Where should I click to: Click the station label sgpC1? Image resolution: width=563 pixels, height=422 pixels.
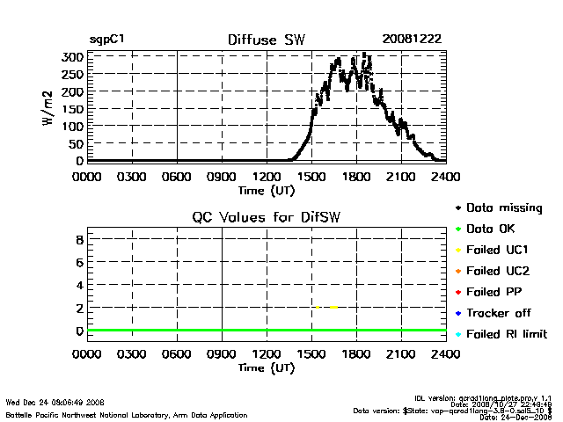point(106,40)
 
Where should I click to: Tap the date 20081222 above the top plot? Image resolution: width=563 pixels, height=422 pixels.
point(412,40)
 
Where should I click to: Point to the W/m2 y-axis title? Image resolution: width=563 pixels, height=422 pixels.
point(50,108)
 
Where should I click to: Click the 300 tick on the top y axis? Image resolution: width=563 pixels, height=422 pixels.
point(73,57)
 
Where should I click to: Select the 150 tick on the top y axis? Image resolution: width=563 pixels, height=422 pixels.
point(73,109)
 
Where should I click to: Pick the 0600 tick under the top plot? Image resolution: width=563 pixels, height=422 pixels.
point(177,177)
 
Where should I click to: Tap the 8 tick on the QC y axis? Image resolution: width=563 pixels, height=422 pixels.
point(79,239)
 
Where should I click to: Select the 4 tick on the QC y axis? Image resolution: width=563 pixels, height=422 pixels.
point(79,285)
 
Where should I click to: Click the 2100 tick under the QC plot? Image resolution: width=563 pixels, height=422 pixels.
point(401,355)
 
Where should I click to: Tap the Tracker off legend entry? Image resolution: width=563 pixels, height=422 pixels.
point(499,313)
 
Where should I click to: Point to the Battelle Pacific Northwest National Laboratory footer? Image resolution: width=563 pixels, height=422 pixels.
point(127,414)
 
